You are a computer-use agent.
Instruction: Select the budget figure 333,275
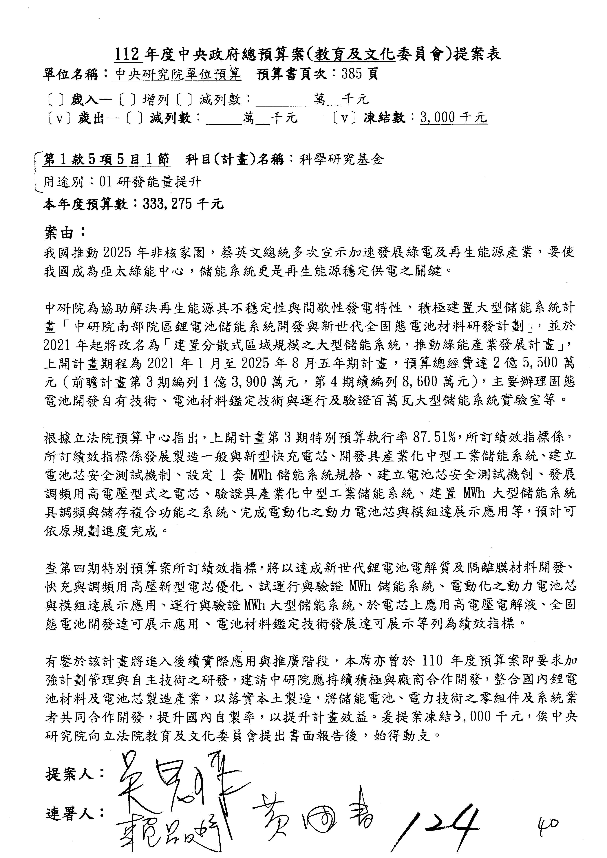[x=168, y=204]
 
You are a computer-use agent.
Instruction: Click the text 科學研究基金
[x=341, y=159]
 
